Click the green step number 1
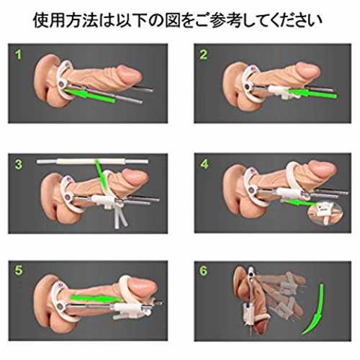(x=18, y=55)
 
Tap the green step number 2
(x=203, y=55)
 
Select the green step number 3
(x=19, y=165)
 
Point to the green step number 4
(x=204, y=164)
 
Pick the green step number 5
(x=19, y=271)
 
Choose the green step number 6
(x=203, y=271)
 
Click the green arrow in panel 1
(x=90, y=96)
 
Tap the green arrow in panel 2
(x=312, y=93)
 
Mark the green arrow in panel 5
(x=96, y=298)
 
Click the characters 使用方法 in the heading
(x=66, y=20)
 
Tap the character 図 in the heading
(x=173, y=20)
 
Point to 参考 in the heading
(x=225, y=20)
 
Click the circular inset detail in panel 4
(x=325, y=212)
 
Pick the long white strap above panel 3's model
(x=93, y=161)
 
